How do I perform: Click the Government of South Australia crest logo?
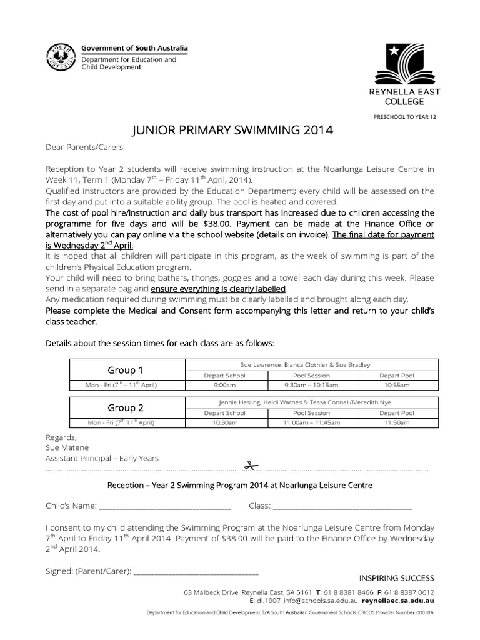point(61,58)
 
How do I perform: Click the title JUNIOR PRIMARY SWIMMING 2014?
point(233,131)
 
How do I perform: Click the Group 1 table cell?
point(126,370)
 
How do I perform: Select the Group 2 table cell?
point(126,407)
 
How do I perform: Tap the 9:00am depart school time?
point(225,386)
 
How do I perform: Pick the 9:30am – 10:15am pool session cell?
point(311,386)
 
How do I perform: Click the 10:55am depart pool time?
point(397,386)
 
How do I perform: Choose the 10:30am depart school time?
point(225,423)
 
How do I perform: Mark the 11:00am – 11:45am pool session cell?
point(311,423)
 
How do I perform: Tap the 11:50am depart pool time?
point(397,423)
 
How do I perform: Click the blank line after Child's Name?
point(165,506)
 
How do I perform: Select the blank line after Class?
point(342,506)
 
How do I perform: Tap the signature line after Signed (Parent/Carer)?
point(196,571)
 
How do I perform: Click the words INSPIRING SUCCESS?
point(396,577)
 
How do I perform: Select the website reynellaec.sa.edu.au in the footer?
point(397,600)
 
